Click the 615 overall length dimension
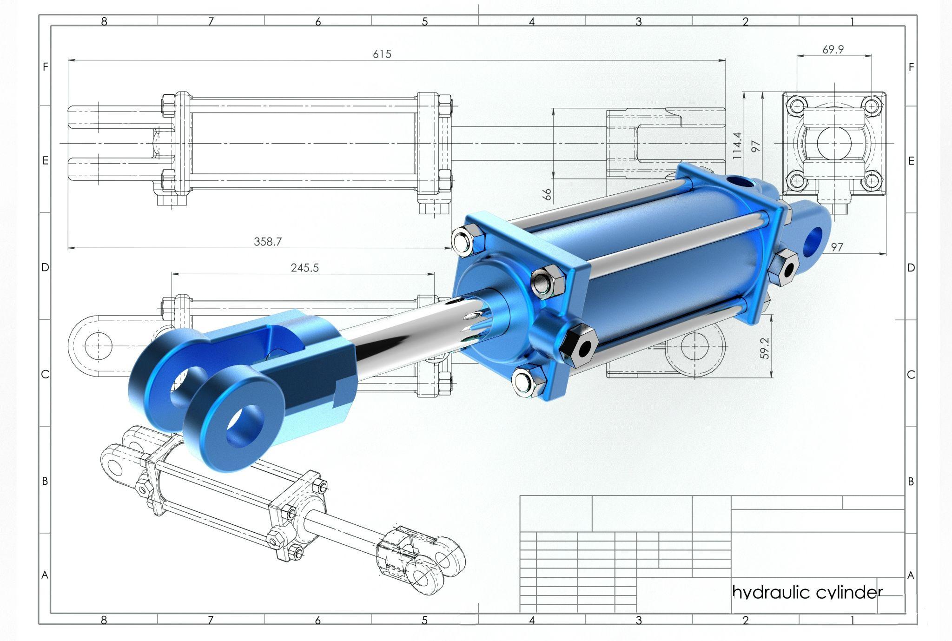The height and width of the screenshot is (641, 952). tap(382, 54)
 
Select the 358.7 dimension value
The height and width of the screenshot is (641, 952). tap(268, 241)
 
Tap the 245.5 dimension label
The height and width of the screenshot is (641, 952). tap(305, 268)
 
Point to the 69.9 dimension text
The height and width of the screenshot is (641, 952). tap(833, 49)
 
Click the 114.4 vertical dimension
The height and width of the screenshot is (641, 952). tap(737, 146)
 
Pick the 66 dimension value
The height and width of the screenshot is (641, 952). tap(548, 194)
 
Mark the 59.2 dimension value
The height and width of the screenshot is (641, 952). tap(765, 349)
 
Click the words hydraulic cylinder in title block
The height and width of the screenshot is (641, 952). tap(807, 592)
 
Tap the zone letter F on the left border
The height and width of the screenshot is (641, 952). tap(45, 67)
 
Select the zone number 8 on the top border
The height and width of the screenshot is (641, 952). tap(104, 21)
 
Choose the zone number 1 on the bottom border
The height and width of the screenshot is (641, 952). tap(853, 620)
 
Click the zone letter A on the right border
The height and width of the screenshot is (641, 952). tap(911, 575)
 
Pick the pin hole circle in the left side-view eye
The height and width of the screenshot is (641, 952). tap(99, 346)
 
